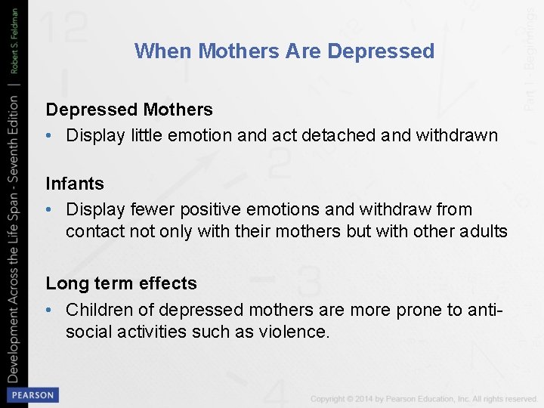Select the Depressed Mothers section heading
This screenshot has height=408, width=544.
(x=129, y=110)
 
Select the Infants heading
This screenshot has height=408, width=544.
(x=75, y=184)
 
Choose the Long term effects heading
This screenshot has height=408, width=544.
(x=121, y=283)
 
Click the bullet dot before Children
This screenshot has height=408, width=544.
(x=49, y=310)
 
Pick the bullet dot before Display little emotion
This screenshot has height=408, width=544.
(x=49, y=136)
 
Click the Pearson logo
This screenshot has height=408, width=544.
(x=31, y=394)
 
